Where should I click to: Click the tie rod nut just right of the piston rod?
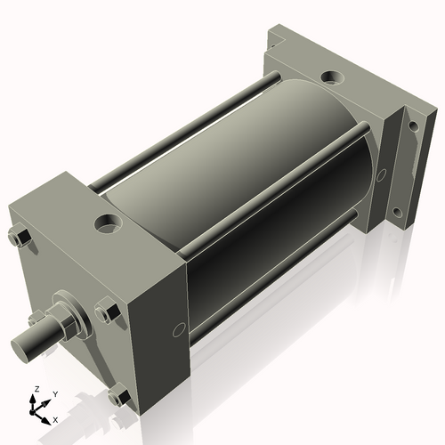(107, 312)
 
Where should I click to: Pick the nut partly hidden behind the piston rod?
(37, 318)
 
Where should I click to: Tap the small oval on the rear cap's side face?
(381, 174)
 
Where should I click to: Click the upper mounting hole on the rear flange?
(413, 126)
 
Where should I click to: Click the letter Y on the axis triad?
(54, 393)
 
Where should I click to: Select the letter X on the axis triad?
(55, 418)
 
